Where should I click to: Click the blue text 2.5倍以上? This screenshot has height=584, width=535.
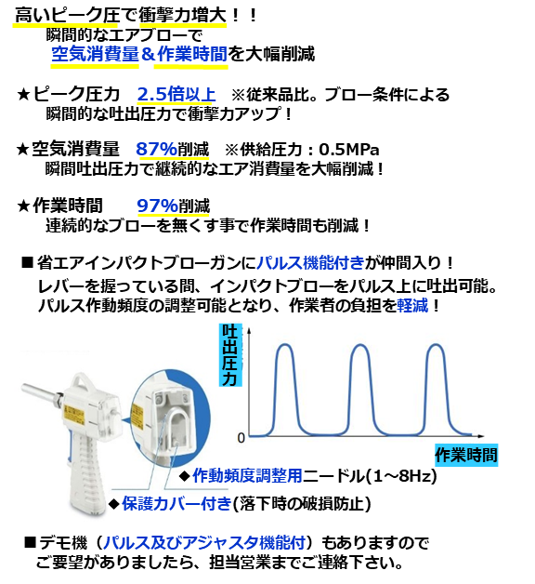(176, 94)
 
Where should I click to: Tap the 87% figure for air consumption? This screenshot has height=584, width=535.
(156, 149)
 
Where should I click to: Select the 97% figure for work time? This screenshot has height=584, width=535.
(157, 206)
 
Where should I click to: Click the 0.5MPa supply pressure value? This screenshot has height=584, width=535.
(348, 150)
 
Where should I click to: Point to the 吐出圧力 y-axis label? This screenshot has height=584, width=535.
(230, 355)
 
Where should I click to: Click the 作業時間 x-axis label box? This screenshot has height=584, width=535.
(466, 455)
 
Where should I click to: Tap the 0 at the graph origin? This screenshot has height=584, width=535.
(241, 438)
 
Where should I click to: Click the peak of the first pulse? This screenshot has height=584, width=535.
(286, 344)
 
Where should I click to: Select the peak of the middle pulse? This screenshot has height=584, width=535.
(360, 344)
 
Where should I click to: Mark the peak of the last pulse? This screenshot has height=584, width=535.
(436, 344)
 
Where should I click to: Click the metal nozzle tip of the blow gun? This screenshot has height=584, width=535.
(25, 387)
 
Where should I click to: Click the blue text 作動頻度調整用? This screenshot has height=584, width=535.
(247, 476)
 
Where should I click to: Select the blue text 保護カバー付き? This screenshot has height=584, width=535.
(177, 503)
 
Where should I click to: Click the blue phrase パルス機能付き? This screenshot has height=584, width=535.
(310, 263)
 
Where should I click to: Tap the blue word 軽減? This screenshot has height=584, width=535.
(413, 306)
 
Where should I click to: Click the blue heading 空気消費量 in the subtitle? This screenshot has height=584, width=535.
(96, 54)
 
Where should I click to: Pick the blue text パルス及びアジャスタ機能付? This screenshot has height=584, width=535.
(204, 543)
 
